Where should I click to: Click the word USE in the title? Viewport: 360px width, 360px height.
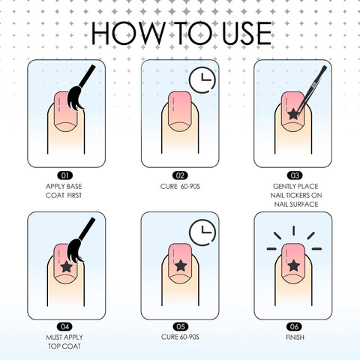tap(247, 33)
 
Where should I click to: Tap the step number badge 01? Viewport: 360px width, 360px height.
tap(64, 175)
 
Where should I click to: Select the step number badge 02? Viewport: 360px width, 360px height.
tap(180, 175)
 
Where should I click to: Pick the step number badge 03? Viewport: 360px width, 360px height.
tap(295, 175)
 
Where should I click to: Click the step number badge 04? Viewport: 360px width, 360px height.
tap(64, 326)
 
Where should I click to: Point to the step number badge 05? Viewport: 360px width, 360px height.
tap(181, 326)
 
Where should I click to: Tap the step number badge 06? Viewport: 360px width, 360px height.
tap(294, 326)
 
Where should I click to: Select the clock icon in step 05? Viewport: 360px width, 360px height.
tap(202, 232)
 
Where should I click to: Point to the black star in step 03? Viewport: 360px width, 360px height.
tap(293, 114)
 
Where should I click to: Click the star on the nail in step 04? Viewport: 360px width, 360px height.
tap(67, 266)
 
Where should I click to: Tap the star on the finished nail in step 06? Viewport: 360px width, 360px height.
tap(293, 265)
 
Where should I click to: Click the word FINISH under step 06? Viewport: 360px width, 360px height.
tap(295, 337)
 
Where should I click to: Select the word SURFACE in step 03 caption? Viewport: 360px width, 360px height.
tap(306, 204)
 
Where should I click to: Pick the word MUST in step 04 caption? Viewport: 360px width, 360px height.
tap(53, 337)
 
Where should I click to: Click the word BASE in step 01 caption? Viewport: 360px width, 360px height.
tap(73, 186)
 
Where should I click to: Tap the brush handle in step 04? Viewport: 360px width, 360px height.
tap(87, 228)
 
